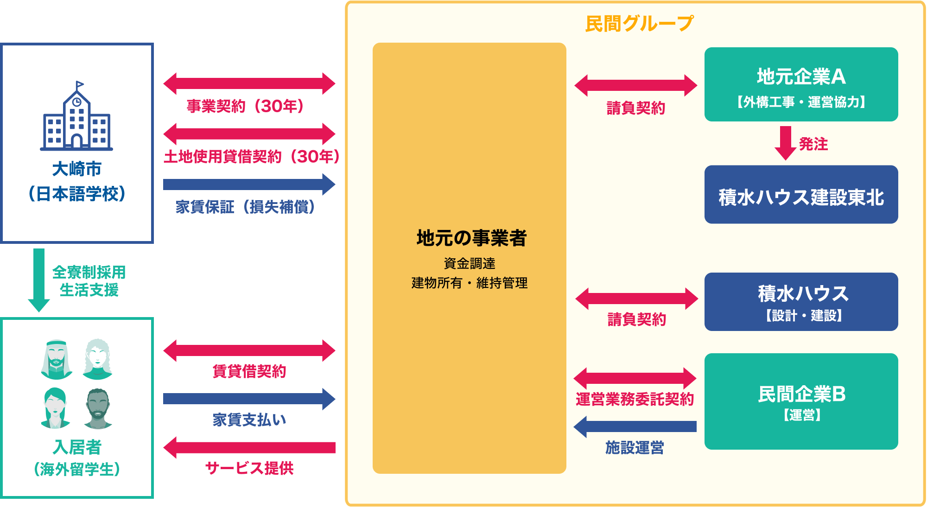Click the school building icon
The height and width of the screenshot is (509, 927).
76,117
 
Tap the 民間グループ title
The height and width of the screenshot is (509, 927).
639,23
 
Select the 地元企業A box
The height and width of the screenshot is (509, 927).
801,84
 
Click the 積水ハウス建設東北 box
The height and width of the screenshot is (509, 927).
801,195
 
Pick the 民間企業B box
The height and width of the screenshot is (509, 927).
801,401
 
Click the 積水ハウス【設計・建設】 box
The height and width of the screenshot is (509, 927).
801,302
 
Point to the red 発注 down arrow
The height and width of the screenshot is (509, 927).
785,143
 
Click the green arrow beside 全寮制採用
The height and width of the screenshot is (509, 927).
39,280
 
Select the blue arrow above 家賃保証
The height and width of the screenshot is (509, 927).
249,185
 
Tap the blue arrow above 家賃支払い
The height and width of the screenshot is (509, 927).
249,399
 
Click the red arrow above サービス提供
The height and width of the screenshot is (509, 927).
249,447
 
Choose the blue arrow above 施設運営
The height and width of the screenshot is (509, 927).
635,426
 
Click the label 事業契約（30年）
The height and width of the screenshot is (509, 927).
245,106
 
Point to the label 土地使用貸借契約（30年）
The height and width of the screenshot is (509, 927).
252,157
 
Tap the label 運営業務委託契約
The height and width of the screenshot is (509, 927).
635,399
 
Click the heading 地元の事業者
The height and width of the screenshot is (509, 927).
471,238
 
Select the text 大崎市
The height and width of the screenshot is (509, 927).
76,169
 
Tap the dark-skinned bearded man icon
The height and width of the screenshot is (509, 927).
98,408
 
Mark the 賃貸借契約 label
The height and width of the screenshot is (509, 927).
249,371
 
